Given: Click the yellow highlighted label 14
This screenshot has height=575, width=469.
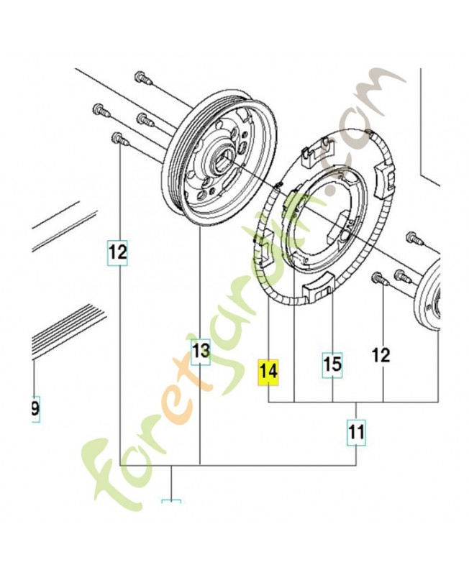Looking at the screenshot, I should click(268, 372).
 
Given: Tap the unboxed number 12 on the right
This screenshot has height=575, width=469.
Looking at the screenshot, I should click(381, 354).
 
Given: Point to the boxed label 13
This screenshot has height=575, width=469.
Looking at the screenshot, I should click(200, 351).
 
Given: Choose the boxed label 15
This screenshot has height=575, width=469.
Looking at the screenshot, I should click(332, 364).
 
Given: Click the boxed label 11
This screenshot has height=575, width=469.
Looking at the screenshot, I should click(356, 433).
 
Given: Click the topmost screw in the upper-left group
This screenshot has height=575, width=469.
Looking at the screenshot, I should click(140, 77).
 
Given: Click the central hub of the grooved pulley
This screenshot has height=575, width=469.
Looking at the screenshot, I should click(220, 156).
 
